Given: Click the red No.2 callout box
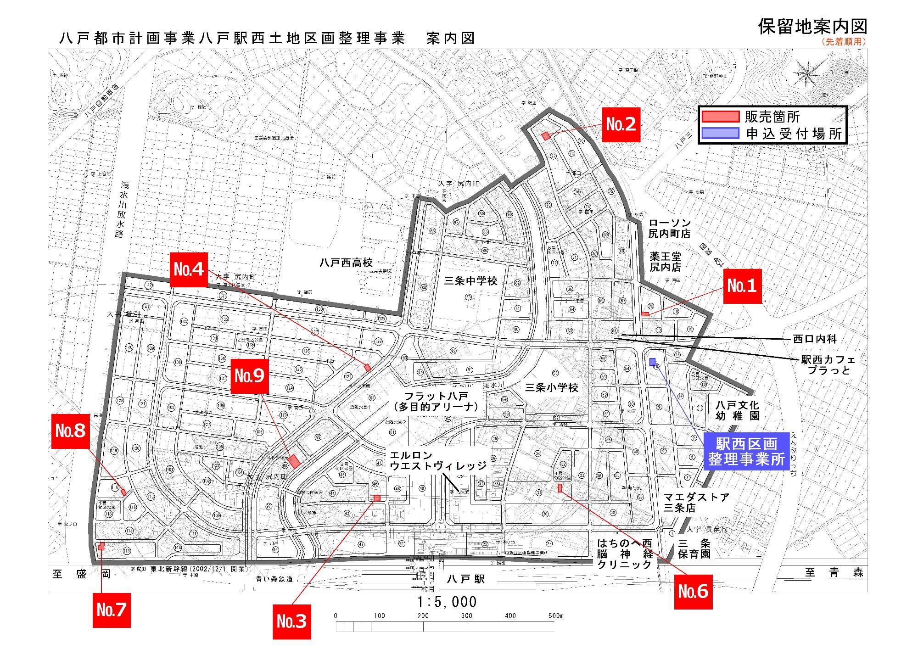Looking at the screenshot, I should pyautogui.click(x=621, y=124).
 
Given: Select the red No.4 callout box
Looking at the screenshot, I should pyautogui.click(x=189, y=269).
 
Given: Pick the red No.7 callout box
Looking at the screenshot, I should pyautogui.click(x=112, y=610).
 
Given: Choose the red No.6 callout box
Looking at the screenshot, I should pyautogui.click(x=693, y=592).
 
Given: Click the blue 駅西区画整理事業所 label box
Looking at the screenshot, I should pyautogui.click(x=746, y=451).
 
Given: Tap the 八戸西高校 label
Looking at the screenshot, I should pyautogui.click(x=346, y=263).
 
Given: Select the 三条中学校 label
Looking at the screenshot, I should pyautogui.click(x=470, y=280).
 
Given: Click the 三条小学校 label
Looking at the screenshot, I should pyautogui.click(x=551, y=387).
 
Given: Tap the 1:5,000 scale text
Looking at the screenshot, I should pyautogui.click(x=447, y=602).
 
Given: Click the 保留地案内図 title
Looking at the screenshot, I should pyautogui.click(x=812, y=27).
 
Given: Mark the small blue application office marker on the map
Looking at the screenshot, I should pyautogui.click(x=652, y=362).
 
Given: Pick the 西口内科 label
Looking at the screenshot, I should pyautogui.click(x=815, y=339).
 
